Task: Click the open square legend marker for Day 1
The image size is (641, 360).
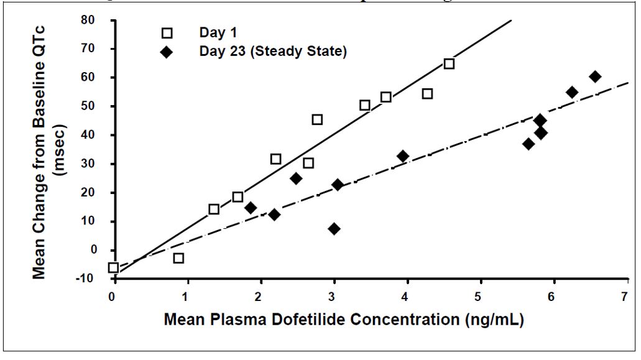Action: pos(167,32)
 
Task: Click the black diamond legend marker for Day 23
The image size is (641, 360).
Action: pos(167,52)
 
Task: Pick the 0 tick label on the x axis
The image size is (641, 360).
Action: pos(113,297)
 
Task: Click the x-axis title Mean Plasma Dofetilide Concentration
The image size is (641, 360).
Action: pos(343,320)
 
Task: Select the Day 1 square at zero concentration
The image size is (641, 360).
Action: pos(113,268)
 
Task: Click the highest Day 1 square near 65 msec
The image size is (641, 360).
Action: pos(449,64)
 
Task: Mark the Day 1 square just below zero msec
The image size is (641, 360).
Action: pos(178,258)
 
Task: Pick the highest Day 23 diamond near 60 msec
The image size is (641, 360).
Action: pos(595,76)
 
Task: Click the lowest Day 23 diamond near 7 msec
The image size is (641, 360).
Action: pos(334,229)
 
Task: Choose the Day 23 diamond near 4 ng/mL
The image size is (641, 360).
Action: pos(402,156)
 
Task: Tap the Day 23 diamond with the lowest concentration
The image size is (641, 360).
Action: pos(251,208)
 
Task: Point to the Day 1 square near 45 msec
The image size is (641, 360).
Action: pos(317,119)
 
